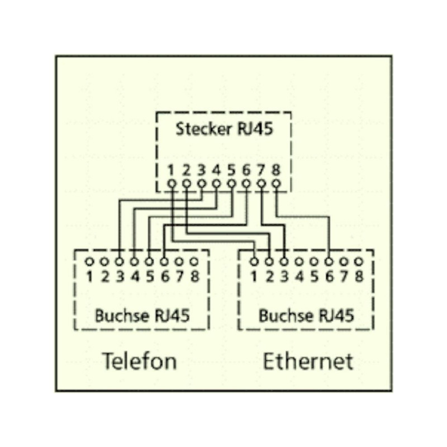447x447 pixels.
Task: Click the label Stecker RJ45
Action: coord(225,129)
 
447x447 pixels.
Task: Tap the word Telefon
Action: coord(139,361)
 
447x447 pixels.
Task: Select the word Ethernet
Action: coord(308,361)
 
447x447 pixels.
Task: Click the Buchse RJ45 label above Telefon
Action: coord(142,315)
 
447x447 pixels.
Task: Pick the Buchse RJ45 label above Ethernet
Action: coord(306,315)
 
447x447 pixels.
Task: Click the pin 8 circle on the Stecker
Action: coord(275,183)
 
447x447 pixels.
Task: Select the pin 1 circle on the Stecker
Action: coord(172,183)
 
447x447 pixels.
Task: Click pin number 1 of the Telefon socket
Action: coord(89,276)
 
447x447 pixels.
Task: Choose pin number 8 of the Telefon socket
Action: coord(194,276)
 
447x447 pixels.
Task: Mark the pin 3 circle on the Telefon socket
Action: coord(119,261)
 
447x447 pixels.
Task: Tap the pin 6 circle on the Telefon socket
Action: coord(164,261)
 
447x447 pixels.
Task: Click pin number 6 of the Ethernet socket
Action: coord(329,276)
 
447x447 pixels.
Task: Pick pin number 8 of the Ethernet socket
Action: coord(359,276)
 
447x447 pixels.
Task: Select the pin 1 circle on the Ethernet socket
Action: coord(254,261)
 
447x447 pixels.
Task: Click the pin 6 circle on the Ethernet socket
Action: coord(329,261)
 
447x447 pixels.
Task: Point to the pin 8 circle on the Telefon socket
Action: coord(194,261)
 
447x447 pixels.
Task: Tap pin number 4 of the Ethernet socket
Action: coord(299,276)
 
